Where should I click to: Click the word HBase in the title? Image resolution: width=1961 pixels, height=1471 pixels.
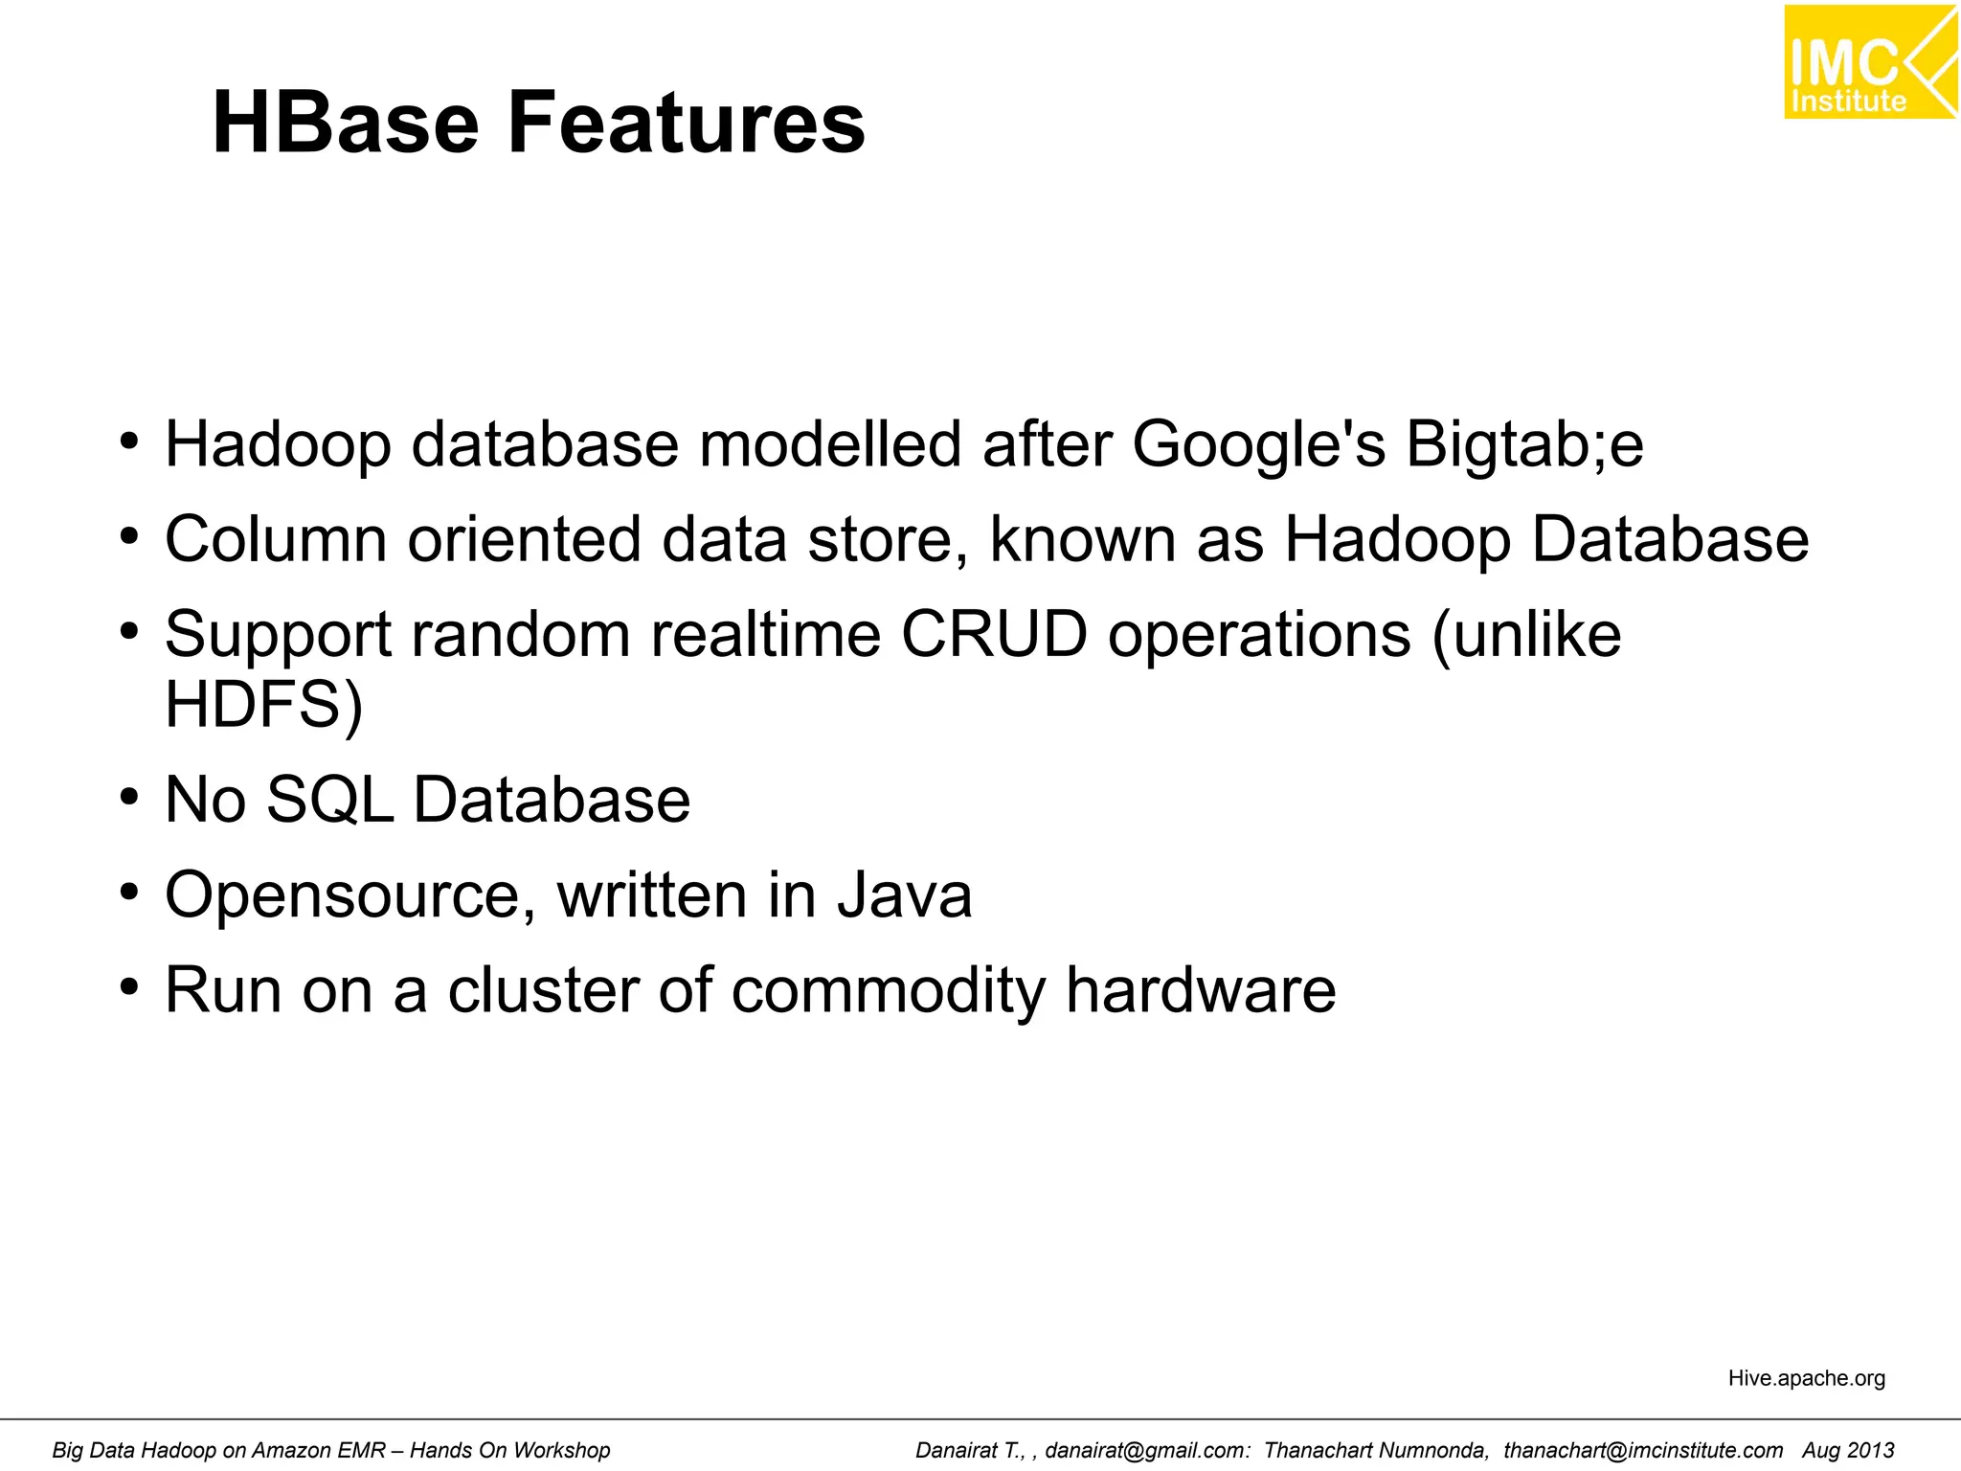(345, 123)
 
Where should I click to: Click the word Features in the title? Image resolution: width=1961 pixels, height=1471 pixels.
(686, 123)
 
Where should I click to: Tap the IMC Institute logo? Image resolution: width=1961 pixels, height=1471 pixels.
(1869, 62)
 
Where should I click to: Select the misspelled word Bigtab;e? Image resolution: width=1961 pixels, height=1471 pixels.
(1524, 445)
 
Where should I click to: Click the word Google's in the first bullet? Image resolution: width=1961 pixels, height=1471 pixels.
(1258, 445)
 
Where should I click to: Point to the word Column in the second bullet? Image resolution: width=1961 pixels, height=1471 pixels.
(276, 539)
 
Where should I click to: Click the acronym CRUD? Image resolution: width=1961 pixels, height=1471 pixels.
(994, 634)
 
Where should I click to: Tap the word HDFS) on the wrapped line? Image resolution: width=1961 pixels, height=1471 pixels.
(263, 705)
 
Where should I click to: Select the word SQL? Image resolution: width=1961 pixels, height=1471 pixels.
(329, 800)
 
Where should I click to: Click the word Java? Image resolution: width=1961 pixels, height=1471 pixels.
(905, 895)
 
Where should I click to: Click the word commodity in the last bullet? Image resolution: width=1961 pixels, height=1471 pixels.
(888, 991)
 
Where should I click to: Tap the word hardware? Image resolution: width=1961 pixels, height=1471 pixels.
(1201, 989)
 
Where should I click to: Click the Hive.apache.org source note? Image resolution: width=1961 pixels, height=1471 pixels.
(1806, 1378)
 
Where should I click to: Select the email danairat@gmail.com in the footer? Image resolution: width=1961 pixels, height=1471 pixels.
(1147, 1451)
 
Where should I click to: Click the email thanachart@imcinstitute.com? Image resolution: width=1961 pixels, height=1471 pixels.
(1643, 1451)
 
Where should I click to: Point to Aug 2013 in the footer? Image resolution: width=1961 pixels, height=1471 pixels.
(1848, 1451)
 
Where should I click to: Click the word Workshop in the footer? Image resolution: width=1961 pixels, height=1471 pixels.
(561, 1451)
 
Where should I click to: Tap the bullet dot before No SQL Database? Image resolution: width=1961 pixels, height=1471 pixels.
(129, 798)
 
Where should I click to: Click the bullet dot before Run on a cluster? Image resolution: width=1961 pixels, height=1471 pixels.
(129, 987)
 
